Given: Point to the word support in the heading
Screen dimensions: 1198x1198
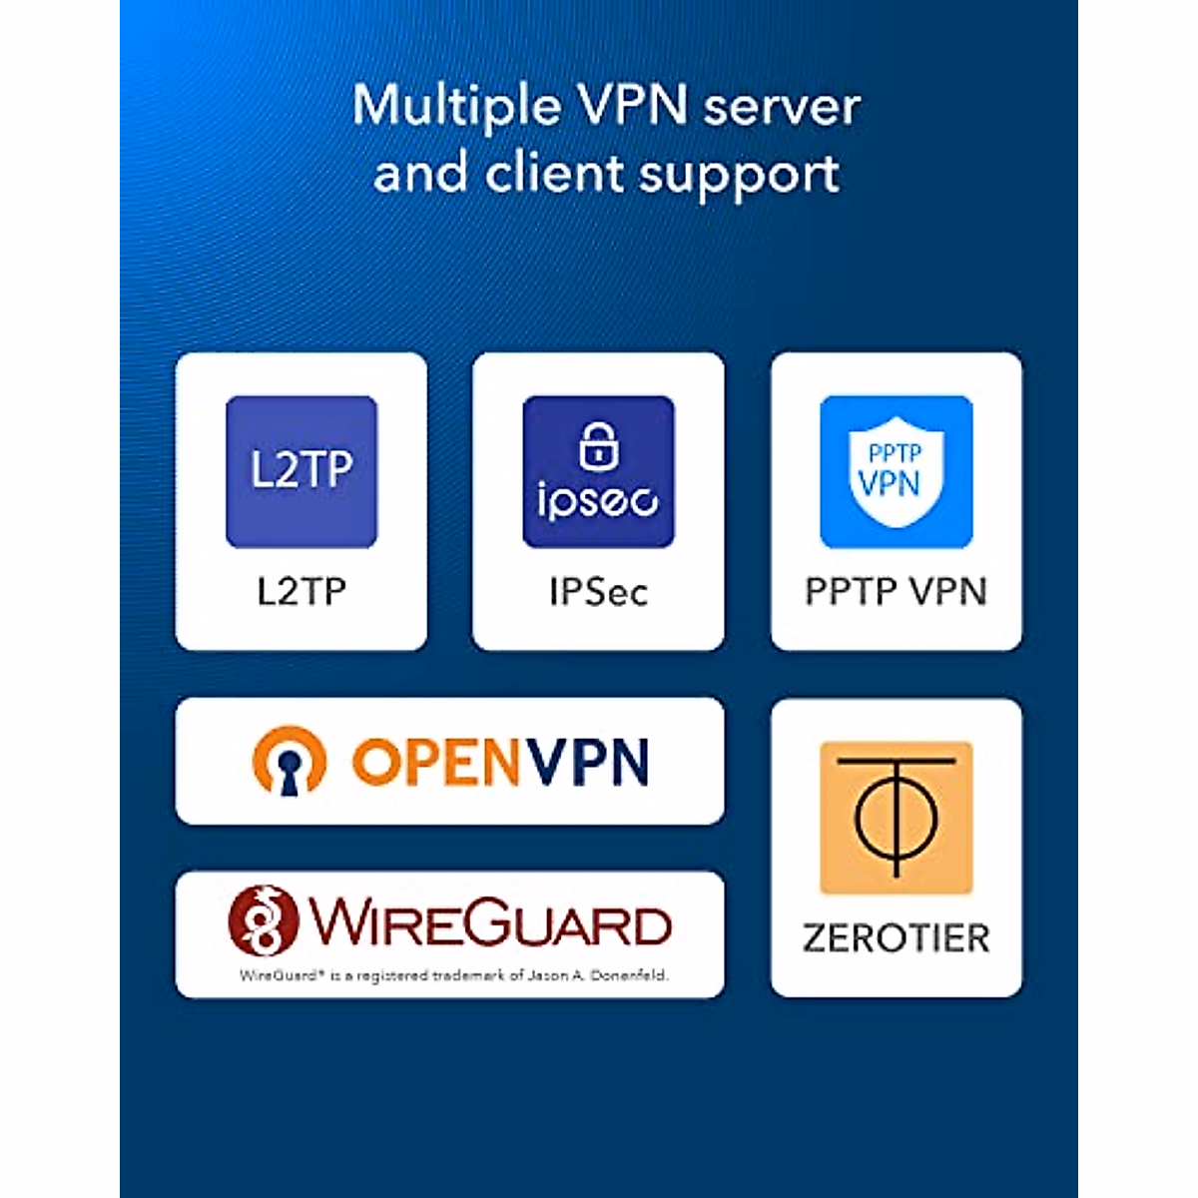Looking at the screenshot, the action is [x=739, y=177].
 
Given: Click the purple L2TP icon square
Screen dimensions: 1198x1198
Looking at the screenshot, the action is [x=301, y=472].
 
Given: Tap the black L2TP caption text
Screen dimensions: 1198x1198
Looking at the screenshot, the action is [x=301, y=591].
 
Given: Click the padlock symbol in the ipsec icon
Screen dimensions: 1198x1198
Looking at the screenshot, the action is [x=599, y=445].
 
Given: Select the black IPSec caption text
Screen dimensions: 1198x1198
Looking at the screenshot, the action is [x=599, y=592].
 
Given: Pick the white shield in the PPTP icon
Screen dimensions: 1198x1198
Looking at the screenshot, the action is [x=896, y=472].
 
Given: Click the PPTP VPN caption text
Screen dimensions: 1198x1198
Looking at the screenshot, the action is [x=896, y=591].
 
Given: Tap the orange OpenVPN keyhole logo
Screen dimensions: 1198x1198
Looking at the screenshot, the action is [x=290, y=761].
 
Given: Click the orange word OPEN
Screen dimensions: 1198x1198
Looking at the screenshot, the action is [x=435, y=762].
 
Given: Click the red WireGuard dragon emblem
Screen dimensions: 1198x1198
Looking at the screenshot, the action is [x=264, y=920].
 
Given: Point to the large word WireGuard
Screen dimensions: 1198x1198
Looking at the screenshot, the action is [x=490, y=922].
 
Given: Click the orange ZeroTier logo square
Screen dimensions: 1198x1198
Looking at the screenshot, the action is [x=896, y=818].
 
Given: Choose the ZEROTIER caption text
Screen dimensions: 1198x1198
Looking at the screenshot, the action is [x=896, y=938].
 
